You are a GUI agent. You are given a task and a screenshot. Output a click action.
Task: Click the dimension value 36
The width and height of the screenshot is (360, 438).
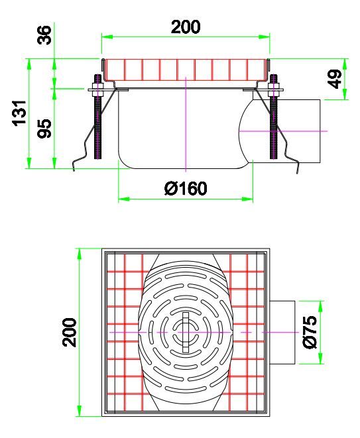pyautogui.click(x=44, y=34)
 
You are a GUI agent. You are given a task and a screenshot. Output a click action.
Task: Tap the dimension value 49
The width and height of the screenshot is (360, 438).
pyautogui.click(x=336, y=78)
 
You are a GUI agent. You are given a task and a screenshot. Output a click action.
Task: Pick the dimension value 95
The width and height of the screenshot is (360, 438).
pyautogui.click(x=44, y=127)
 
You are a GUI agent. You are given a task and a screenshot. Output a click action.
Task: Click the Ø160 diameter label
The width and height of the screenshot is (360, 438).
pyautogui.click(x=186, y=189)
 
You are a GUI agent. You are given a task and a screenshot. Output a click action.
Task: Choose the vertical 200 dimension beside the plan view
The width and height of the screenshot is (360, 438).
pyautogui.click(x=69, y=332)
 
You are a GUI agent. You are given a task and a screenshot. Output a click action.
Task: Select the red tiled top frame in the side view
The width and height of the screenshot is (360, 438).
pyautogui.click(x=186, y=68)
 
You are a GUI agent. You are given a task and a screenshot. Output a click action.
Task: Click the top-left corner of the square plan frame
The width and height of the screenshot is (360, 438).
pyautogui.click(x=103, y=250)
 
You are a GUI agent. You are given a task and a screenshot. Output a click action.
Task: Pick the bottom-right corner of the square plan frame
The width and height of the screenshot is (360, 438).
pyautogui.click(x=269, y=415)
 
